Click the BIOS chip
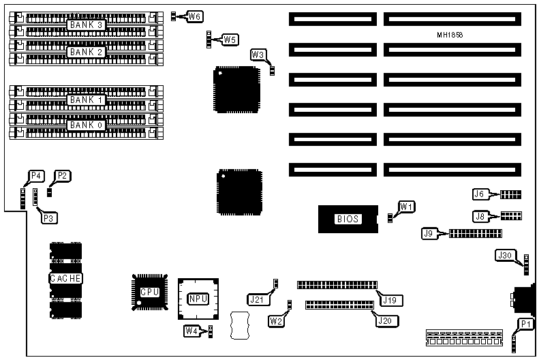[348, 219]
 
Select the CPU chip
[149, 292]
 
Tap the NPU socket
[198, 298]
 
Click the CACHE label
[65, 278]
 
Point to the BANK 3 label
[85, 25]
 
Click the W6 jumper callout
[196, 16]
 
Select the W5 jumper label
[230, 40]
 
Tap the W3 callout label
[258, 55]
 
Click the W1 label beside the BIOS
[407, 206]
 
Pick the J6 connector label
[480, 194]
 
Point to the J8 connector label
[480, 216]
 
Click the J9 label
[429, 234]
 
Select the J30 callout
[505, 255]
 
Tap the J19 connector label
[390, 299]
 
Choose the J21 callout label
[256, 298]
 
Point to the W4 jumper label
[192, 331]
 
